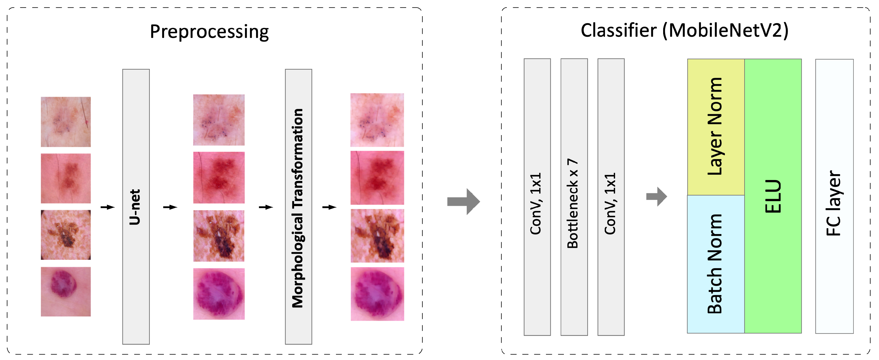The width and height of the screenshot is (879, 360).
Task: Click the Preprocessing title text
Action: (x=209, y=32)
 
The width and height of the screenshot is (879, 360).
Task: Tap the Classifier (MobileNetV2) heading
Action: (x=684, y=31)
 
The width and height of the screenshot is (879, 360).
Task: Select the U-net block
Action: (x=136, y=206)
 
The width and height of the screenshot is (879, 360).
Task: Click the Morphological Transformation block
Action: (x=298, y=206)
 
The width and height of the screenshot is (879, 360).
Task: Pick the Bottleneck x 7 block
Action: (x=574, y=197)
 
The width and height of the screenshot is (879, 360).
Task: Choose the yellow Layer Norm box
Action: (x=715, y=127)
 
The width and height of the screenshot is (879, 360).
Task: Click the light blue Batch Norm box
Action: (x=715, y=264)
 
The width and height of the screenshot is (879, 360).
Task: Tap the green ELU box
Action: (x=773, y=196)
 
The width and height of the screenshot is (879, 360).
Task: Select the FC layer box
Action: (x=834, y=196)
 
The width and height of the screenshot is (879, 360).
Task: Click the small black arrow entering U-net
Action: (x=107, y=207)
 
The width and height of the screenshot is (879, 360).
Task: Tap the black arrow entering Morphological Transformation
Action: (x=266, y=207)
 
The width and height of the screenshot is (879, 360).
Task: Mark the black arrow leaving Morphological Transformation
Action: (x=329, y=207)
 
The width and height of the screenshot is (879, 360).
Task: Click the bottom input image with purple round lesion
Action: (x=66, y=291)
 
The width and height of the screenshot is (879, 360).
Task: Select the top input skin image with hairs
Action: (x=66, y=122)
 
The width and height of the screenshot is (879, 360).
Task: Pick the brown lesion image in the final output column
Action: (x=377, y=236)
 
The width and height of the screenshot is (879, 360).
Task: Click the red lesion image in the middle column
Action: (x=219, y=177)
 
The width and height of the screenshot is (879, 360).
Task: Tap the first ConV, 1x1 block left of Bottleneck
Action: (x=537, y=197)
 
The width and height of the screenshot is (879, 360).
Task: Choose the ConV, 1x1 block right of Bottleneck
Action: (x=611, y=197)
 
